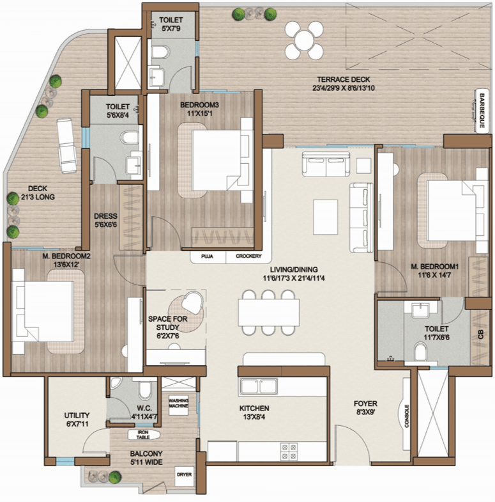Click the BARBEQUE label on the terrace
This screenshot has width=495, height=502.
[x=482, y=111]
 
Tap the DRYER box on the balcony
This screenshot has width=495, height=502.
[x=185, y=475]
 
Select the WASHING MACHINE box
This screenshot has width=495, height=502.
[x=178, y=404]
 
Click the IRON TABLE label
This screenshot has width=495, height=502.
[x=143, y=435]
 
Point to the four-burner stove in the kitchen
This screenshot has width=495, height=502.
[x=289, y=451]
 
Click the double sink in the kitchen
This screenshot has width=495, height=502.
[x=259, y=386]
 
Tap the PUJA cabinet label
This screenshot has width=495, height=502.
[x=207, y=256]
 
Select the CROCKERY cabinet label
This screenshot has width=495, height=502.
[x=248, y=256]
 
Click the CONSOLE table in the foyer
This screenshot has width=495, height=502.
[x=406, y=416]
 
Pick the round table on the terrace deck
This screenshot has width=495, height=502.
[x=305, y=40]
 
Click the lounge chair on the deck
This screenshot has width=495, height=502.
[x=67, y=146]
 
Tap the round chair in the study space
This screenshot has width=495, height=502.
[x=192, y=302]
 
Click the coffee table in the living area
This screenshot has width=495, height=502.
[x=326, y=217]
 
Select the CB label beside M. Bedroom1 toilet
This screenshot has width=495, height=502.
[x=480, y=335]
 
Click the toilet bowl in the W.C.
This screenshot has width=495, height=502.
[x=146, y=389]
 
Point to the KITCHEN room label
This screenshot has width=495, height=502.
[x=254, y=409]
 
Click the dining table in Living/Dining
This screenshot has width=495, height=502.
[x=269, y=313]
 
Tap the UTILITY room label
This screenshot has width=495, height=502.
[x=77, y=416]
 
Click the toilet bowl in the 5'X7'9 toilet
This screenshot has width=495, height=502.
[x=160, y=52]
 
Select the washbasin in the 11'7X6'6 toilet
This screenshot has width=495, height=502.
[x=420, y=310]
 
